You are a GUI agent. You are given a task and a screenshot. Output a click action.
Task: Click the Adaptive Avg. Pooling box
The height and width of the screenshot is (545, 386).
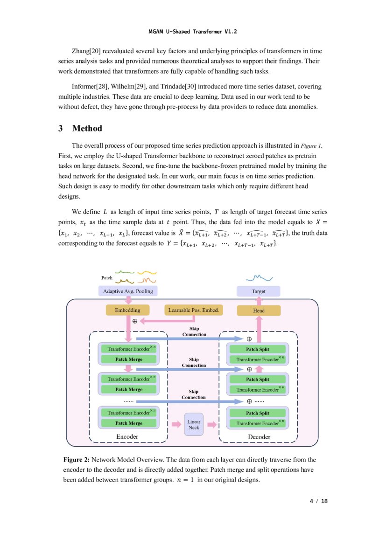(127, 291)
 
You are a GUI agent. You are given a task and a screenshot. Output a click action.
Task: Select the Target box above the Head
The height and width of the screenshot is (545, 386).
(259, 291)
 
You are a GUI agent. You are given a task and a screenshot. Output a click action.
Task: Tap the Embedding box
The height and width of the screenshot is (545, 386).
(127, 310)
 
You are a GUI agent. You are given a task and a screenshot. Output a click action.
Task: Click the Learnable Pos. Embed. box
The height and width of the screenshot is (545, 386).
(193, 310)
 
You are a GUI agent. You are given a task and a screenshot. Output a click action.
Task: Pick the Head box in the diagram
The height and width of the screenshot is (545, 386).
(259, 311)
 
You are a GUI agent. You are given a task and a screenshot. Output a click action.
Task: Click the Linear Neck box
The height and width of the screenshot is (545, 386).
(194, 424)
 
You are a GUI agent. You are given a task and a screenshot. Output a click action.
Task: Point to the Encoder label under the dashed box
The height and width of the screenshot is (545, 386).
(127, 436)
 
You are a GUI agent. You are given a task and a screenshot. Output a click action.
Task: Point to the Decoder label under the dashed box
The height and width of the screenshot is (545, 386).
(259, 436)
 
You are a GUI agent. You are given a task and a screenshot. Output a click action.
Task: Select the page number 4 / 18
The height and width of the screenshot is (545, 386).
(319, 501)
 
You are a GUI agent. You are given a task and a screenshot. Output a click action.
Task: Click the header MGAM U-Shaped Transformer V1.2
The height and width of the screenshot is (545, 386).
(193, 32)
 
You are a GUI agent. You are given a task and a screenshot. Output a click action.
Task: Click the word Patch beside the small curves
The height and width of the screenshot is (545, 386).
(107, 278)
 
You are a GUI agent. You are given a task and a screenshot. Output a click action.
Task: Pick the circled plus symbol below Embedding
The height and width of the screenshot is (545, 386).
(135, 321)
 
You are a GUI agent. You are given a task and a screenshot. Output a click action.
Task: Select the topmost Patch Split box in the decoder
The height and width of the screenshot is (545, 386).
(258, 349)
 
